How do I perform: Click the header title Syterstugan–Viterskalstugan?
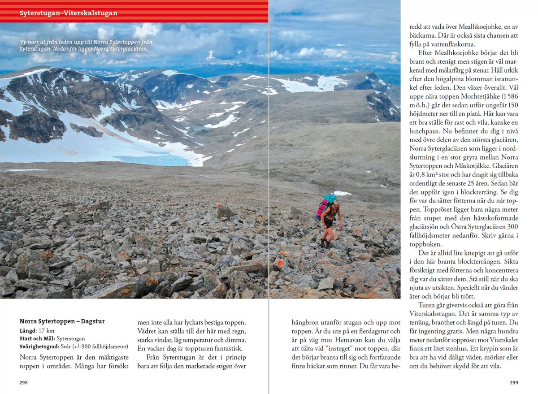(68, 13)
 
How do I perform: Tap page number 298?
(24, 382)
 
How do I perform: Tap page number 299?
(514, 382)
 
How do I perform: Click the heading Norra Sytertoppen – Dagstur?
(62, 321)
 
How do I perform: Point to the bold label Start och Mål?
(38, 338)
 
